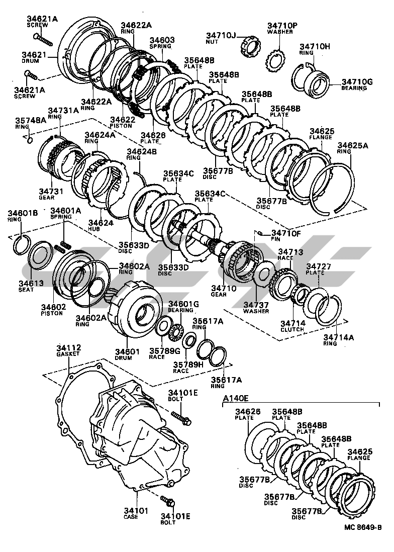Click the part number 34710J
220,35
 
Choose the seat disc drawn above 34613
40,257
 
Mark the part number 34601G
183,304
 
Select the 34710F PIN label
285,236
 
